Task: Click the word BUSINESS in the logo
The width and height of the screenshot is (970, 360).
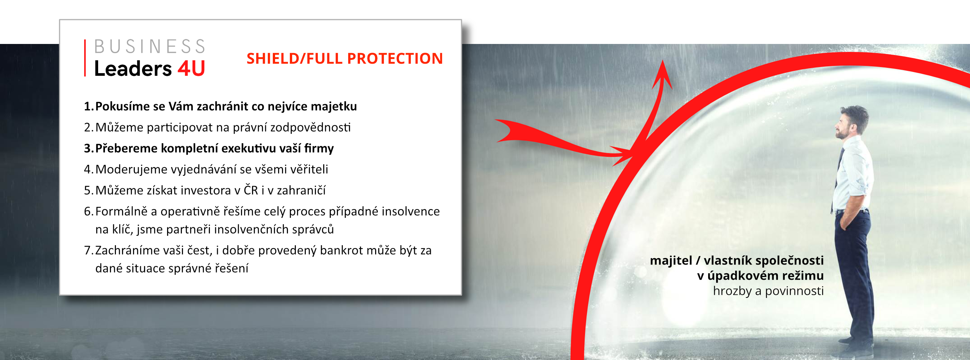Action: pyautogui.click(x=150, y=47)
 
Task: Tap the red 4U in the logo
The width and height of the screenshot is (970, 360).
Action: pyautogui.click(x=191, y=69)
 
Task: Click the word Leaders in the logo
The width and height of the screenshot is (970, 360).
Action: pyautogui.click(x=133, y=69)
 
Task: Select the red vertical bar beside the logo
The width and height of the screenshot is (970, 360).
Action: pyautogui.click(x=85, y=58)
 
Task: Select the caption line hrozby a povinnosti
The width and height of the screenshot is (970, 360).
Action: pyautogui.click(x=768, y=291)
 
